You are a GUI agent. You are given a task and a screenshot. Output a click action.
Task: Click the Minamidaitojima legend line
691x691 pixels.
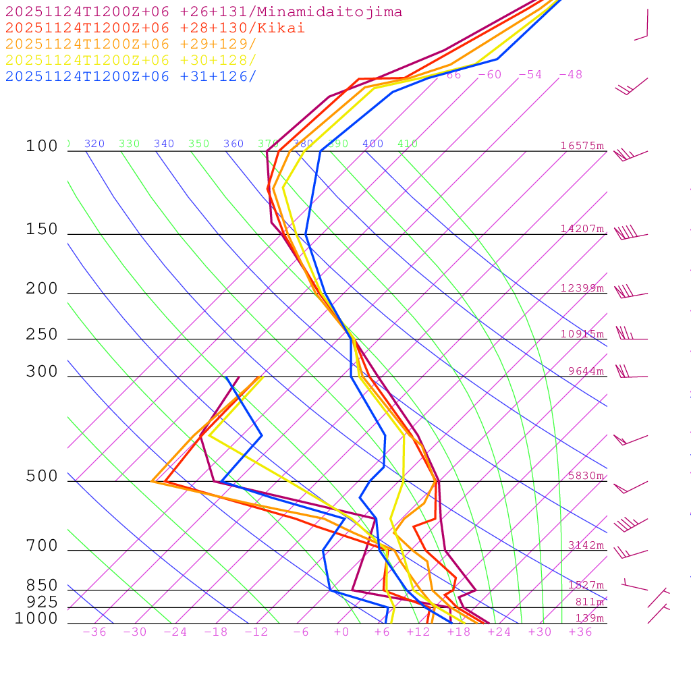point(204,12)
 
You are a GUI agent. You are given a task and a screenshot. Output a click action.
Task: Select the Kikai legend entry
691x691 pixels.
point(155,28)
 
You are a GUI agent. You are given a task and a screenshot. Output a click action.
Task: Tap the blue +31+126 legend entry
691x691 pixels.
point(131,76)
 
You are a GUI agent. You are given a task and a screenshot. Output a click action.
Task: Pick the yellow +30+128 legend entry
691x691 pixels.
point(131,60)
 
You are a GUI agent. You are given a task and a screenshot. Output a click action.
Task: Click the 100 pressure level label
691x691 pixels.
point(42,146)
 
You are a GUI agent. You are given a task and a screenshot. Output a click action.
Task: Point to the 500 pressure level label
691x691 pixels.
point(42,476)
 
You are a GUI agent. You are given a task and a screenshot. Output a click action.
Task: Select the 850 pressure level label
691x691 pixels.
point(42,585)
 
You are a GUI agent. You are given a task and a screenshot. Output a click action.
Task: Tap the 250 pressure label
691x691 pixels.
point(42,335)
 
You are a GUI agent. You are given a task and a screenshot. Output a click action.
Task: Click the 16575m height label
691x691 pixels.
point(582,146)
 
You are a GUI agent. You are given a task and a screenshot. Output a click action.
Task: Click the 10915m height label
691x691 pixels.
point(582,334)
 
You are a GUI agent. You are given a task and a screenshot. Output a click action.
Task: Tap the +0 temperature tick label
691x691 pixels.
point(341,632)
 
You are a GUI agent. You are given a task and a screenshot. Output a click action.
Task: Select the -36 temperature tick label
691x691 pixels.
point(94,632)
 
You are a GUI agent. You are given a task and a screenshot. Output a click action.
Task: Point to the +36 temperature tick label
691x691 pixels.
point(580,632)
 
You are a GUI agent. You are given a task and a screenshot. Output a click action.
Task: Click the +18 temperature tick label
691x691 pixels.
point(459,632)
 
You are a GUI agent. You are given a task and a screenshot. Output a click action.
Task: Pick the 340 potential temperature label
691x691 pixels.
point(164,144)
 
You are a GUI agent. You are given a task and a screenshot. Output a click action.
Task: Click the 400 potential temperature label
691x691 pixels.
point(372,144)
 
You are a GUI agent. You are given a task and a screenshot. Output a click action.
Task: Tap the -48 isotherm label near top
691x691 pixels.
point(570,74)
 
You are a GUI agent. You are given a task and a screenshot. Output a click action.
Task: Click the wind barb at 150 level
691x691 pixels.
point(630,233)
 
